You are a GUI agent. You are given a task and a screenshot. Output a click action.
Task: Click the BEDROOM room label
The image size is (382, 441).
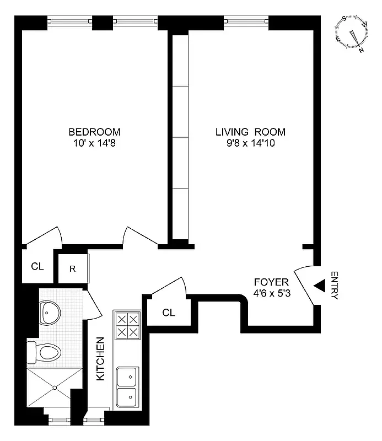click(x=94, y=132)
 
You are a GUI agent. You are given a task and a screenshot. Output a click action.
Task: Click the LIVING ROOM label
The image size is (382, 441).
click(x=251, y=132)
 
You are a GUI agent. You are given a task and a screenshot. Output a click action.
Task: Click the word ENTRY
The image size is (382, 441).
click(x=334, y=285)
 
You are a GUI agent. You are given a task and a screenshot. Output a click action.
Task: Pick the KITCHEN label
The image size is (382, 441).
click(x=101, y=358)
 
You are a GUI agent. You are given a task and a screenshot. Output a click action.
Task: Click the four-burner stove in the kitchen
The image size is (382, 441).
click(x=127, y=326)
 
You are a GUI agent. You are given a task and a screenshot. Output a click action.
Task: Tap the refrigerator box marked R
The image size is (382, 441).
click(x=73, y=269)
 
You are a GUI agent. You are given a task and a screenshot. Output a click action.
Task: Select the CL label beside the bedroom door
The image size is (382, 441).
click(x=37, y=267)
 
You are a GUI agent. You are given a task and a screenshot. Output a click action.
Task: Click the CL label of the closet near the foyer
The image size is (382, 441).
click(x=169, y=313)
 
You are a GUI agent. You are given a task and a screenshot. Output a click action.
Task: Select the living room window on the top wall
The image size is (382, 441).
click(x=246, y=23)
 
